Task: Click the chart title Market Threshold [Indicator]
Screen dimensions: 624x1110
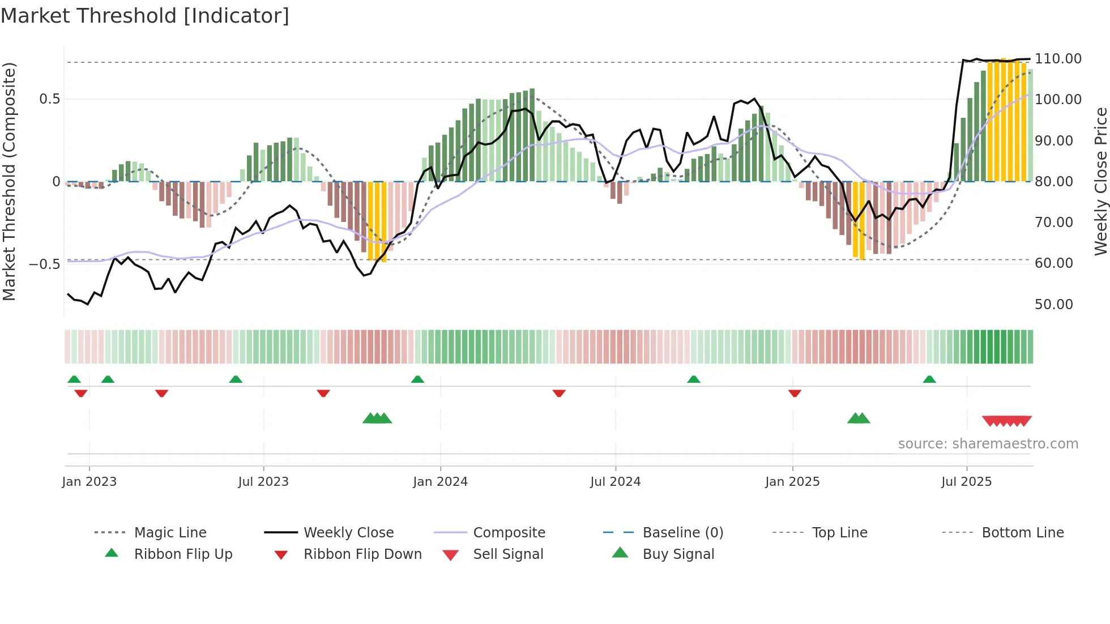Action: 145,16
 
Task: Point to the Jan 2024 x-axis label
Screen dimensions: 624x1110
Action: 440,482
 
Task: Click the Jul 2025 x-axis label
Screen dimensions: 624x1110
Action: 966,482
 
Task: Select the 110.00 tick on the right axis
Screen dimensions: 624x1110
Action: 1058,59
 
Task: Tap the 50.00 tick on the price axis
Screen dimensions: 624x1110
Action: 1053,305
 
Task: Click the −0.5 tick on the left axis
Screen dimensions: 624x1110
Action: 44,264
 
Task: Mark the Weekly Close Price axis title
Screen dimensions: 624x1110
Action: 1100,181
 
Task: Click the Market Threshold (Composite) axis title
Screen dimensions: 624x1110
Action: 9,181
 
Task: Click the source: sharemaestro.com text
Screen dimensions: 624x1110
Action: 988,444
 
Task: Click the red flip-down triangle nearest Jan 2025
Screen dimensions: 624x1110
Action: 795,393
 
